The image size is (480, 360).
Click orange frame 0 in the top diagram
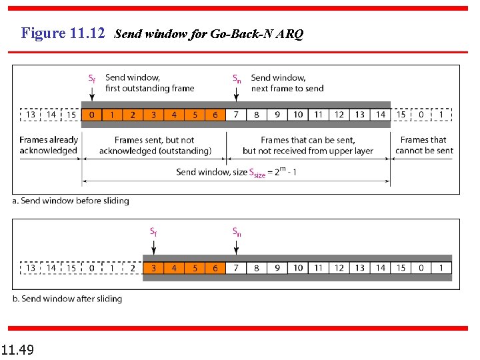point(91,115)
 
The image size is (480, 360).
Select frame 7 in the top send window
point(236,115)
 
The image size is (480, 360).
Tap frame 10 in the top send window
point(298,115)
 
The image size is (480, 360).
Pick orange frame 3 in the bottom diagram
point(153,268)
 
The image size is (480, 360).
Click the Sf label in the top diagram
point(91,78)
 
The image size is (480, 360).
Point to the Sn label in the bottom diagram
point(237,232)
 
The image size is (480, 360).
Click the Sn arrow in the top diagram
point(236,94)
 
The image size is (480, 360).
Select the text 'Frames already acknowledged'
point(49,145)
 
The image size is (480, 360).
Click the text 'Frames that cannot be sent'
point(423,145)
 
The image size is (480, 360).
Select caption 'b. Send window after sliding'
point(67,299)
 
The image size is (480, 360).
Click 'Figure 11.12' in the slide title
point(63,33)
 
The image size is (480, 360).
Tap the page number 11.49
point(18,349)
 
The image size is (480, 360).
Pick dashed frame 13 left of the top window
point(31,115)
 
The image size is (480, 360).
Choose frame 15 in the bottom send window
point(401,268)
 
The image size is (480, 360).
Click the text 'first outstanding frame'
point(150,88)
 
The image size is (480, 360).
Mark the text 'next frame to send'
point(287,88)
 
